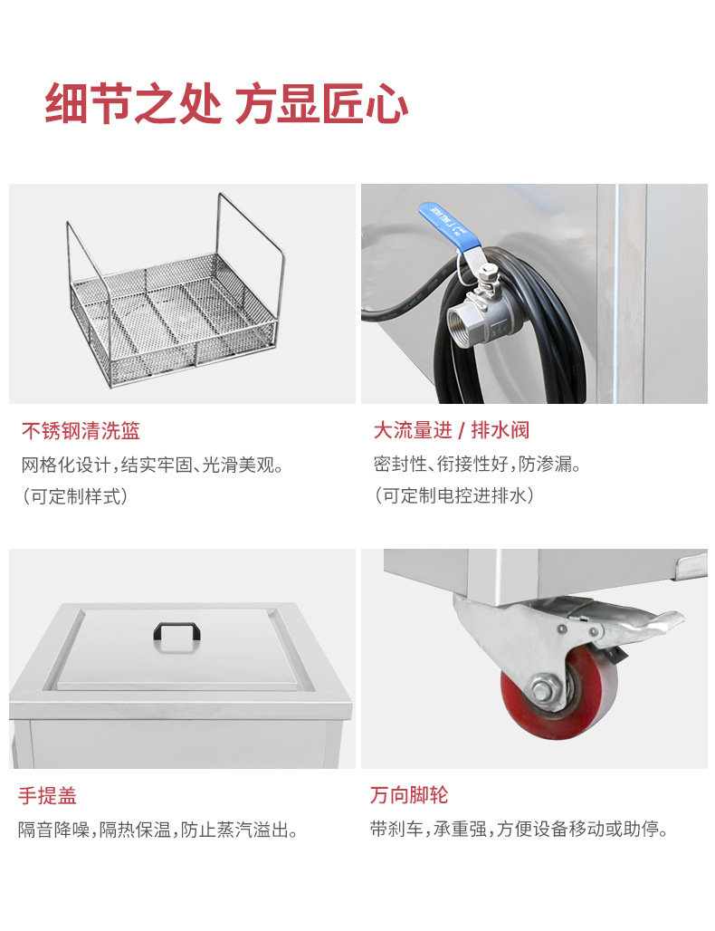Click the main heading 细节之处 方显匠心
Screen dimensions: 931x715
[x=226, y=105]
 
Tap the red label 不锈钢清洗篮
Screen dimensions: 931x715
[x=81, y=430]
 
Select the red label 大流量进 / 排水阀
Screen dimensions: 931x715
[x=452, y=430]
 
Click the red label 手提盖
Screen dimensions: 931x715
[x=48, y=796]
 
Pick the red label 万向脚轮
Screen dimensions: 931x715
[x=409, y=796]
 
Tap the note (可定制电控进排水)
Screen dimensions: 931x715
[x=453, y=496]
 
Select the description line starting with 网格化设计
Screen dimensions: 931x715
[x=153, y=465]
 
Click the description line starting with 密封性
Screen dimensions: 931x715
[x=477, y=465]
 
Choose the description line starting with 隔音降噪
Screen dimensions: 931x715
[x=158, y=830]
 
